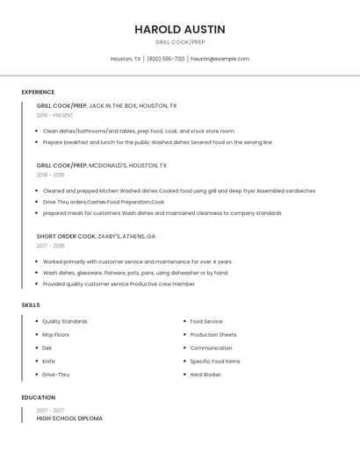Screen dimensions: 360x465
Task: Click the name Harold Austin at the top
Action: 179,29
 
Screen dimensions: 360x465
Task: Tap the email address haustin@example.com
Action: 220,59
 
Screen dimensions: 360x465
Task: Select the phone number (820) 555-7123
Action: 166,59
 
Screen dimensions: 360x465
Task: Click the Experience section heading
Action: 38,92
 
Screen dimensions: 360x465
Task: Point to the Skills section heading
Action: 31,304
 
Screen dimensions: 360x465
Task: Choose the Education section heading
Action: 38,397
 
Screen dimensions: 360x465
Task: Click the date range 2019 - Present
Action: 54,115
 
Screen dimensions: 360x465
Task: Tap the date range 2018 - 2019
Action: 50,175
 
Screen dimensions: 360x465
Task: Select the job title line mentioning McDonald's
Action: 101,165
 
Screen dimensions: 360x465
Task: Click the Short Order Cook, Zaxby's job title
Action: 96,236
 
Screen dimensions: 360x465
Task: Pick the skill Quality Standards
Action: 65,321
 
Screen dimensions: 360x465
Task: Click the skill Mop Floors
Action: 55,334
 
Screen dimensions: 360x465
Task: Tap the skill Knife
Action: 48,361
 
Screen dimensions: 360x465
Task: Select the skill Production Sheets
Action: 212,334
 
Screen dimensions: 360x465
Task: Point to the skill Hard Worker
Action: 205,375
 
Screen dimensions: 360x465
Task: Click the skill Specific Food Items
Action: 214,361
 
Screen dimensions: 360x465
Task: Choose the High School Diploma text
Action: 69,418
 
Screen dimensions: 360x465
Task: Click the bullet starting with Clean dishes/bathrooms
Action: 139,131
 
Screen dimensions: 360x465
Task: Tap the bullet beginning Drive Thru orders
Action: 104,202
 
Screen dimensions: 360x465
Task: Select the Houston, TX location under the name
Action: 126,59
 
